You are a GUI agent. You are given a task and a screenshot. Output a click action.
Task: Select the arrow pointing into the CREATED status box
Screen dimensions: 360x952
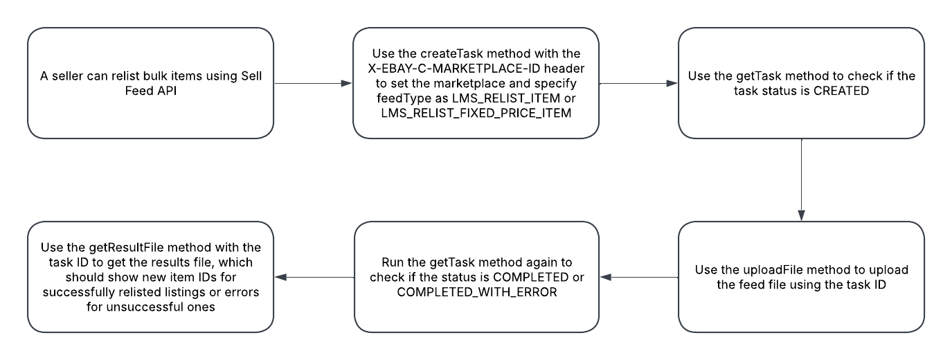638,83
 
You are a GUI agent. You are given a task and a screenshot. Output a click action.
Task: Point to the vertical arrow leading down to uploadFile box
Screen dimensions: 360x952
801,180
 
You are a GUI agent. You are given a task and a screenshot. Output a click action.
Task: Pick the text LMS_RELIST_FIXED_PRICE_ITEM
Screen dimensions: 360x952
476,114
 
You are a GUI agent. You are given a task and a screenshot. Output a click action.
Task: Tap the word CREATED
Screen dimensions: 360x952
834,91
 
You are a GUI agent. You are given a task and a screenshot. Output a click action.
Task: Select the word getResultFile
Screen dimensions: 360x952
116,247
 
